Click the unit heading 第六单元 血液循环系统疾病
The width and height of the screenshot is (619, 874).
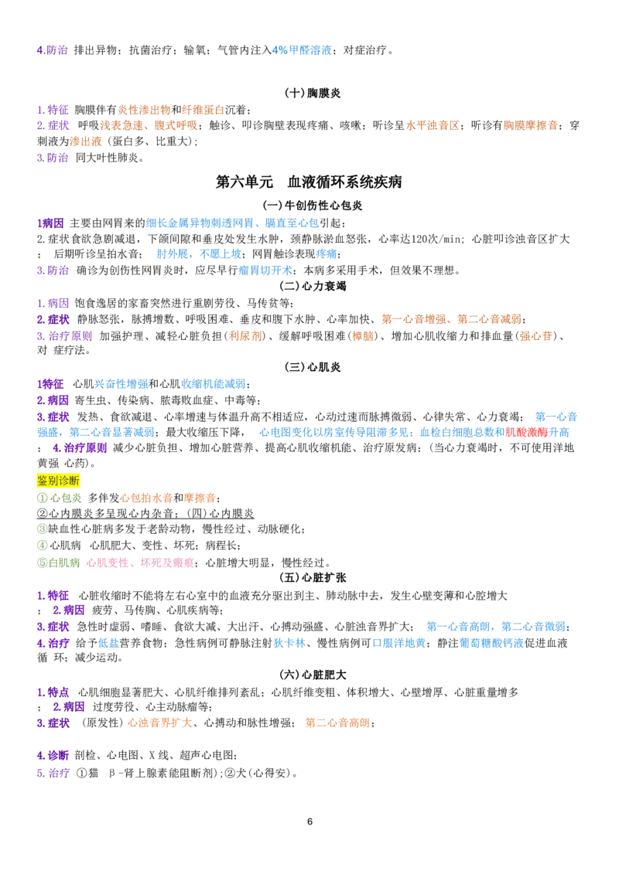coord(309,182)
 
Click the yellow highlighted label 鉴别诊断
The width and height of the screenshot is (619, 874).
coord(59,481)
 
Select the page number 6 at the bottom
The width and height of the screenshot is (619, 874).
coord(309,821)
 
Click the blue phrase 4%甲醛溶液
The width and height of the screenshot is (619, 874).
coord(302,50)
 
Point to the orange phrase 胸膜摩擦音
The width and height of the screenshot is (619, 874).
coord(530,125)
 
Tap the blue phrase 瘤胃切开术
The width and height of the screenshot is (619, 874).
coord(265,270)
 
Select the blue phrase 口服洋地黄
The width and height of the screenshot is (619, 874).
coord(399,643)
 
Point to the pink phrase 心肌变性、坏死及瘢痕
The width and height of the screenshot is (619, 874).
coord(140,563)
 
